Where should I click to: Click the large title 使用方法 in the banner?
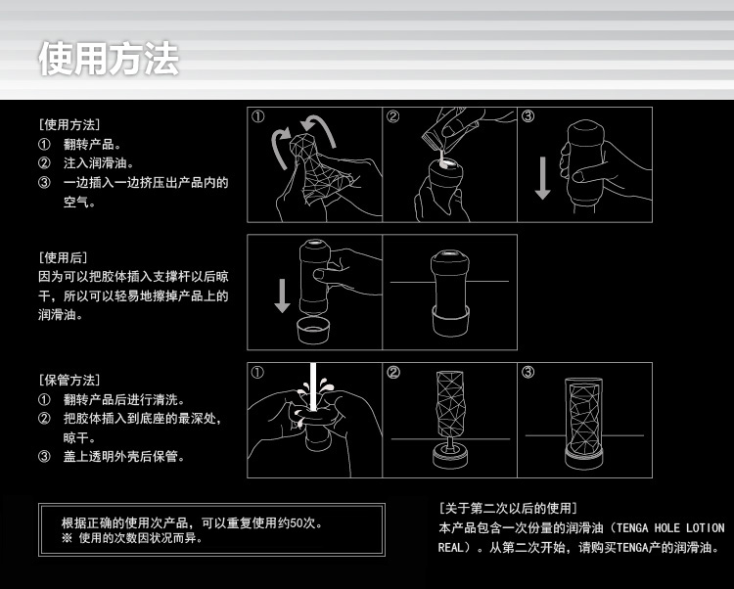click(x=109, y=59)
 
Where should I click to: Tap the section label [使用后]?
click(x=64, y=257)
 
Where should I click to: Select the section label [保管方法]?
click(x=69, y=380)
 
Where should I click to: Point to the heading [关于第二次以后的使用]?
click(x=508, y=508)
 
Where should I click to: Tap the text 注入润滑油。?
click(x=99, y=162)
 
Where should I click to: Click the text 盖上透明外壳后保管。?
click(x=124, y=456)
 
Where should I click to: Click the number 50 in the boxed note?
click(x=297, y=523)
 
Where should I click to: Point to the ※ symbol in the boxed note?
click(x=67, y=538)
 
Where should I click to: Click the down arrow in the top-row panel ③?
click(x=542, y=178)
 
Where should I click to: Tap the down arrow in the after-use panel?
click(x=282, y=295)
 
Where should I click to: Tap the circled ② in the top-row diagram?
click(x=393, y=116)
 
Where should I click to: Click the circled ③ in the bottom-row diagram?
click(x=528, y=373)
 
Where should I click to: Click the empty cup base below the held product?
click(x=313, y=331)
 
